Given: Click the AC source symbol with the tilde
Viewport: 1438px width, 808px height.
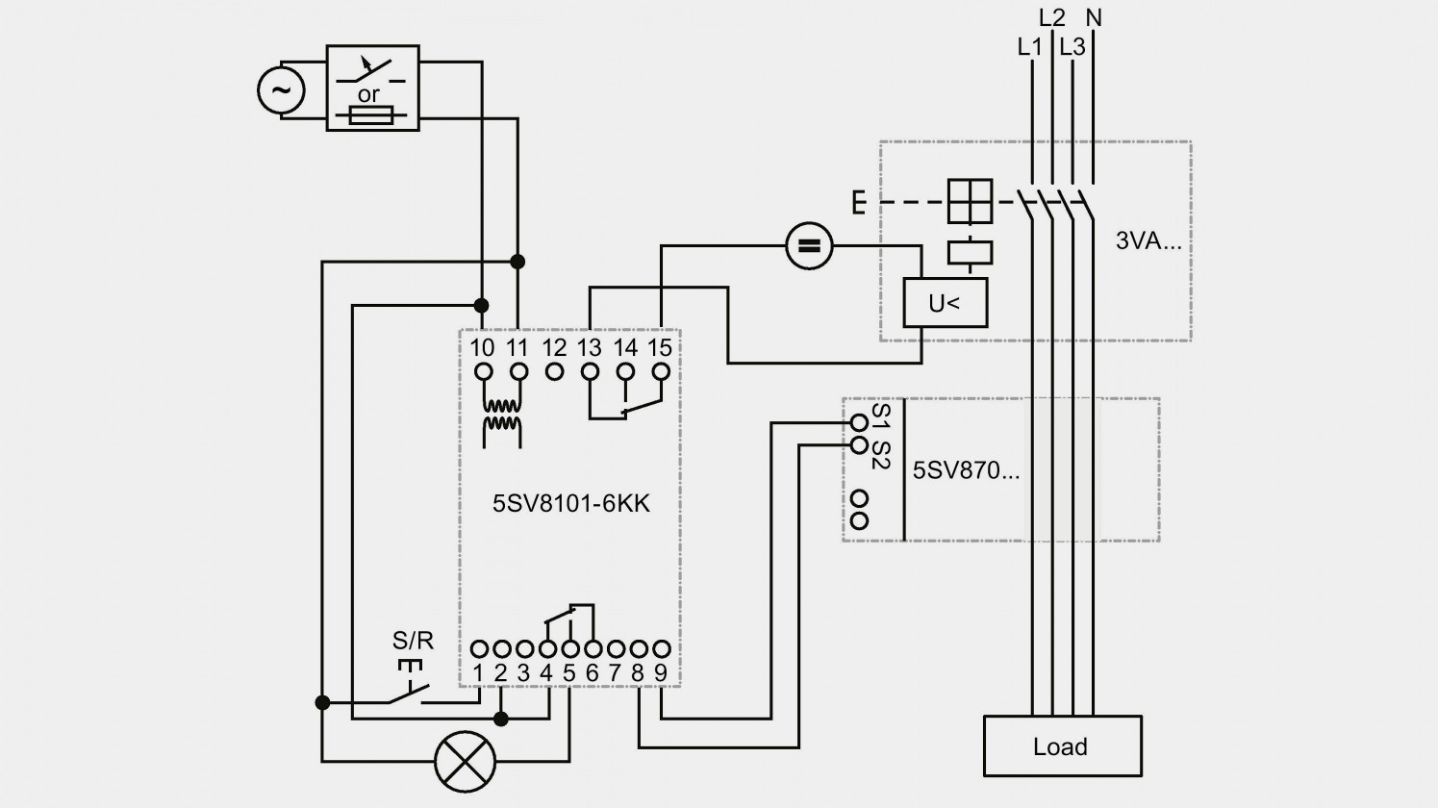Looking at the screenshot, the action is point(281,90).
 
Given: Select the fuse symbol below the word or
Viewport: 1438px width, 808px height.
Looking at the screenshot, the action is point(371,115).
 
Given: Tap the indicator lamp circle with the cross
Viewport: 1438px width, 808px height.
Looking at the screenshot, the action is point(466,762).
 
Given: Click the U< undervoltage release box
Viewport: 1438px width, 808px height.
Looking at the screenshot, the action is point(945,303).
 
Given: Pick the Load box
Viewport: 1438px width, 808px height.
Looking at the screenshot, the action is point(1063,745).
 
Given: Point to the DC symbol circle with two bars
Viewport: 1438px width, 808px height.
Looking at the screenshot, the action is point(810,246).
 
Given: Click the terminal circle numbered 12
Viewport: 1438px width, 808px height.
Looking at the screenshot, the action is point(555,371).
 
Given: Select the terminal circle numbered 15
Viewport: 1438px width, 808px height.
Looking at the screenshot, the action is point(661,371).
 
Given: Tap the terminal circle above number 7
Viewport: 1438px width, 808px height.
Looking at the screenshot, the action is point(616,649).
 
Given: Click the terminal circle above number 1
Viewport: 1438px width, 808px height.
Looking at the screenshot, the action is point(479,649).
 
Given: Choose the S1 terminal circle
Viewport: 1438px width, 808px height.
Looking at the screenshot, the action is point(859,422).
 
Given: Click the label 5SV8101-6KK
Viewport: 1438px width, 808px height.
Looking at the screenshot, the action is point(570,504).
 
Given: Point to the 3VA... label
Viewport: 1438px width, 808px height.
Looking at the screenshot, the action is point(1148,240).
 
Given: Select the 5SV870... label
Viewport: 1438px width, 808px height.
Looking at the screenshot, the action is point(966,470).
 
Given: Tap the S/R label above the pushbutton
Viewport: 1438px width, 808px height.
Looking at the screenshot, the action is point(413,640).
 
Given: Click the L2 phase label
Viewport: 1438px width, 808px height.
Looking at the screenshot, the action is point(1051,18).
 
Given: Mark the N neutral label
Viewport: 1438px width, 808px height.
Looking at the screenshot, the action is point(1094,18).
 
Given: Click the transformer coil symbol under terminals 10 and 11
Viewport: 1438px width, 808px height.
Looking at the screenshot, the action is point(502,416).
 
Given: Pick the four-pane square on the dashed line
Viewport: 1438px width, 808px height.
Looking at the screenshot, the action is point(970,201).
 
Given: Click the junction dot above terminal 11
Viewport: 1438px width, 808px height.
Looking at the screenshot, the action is point(517,262).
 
